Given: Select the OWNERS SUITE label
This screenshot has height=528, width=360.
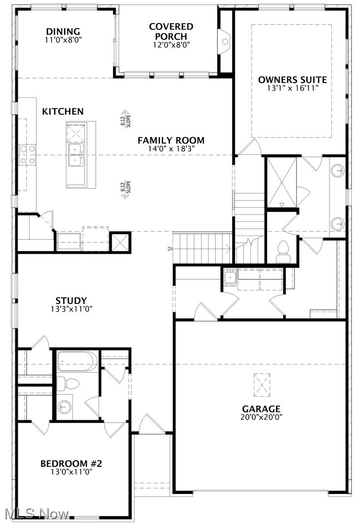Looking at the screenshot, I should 292,79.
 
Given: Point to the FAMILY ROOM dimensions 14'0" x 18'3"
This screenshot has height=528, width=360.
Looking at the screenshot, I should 171,148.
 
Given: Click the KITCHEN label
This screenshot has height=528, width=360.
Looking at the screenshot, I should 62,112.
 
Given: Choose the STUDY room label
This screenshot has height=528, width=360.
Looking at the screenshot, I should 71,301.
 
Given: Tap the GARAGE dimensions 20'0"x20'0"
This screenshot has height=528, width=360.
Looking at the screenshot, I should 261,417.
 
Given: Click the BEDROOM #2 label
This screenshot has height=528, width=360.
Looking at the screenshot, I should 71,463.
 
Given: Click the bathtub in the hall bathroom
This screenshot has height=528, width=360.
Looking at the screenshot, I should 76,361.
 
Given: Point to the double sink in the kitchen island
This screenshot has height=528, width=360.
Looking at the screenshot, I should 76,154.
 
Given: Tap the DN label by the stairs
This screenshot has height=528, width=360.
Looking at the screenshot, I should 171,249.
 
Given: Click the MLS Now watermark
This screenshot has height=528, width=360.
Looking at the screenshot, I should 37,514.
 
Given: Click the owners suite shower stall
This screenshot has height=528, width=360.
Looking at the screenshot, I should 282,181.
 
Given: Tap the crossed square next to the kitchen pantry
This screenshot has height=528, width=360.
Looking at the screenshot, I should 121,241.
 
